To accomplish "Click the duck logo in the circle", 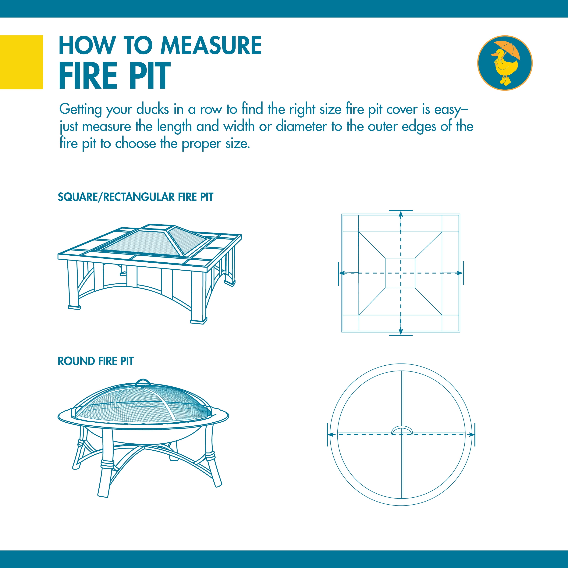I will pos(505,63).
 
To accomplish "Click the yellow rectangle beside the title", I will pos(21,62).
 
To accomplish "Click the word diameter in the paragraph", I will pos(301,126).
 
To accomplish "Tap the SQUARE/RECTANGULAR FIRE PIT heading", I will pos(136,197).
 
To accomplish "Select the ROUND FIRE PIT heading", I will pos(96,361).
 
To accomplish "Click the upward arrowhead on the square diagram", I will pos(400,214).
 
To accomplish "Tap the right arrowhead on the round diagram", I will pos(471,435).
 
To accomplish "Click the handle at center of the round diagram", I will pos(402,430).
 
